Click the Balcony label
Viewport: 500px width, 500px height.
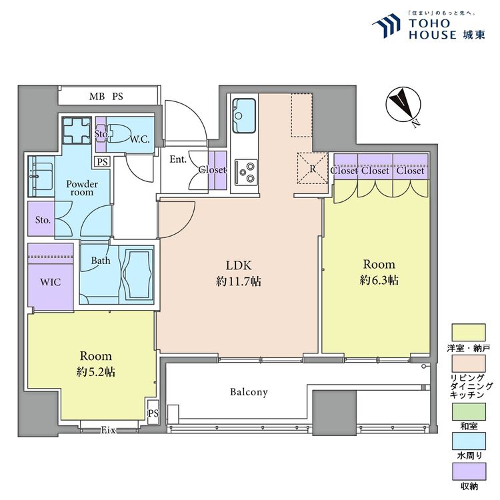pos(249,392)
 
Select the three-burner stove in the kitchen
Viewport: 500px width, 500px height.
pos(244,172)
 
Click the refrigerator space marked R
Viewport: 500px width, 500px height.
pos(312,167)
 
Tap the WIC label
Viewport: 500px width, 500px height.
pos(51,283)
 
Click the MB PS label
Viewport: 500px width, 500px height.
pos(107,97)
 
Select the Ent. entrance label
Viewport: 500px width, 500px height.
pos(177,159)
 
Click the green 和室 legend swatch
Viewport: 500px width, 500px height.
pos(469,413)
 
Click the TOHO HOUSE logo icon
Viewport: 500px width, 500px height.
pos(387,27)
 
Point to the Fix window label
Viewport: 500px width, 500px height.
pos(108,431)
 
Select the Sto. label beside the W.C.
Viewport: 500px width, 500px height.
pos(101,134)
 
